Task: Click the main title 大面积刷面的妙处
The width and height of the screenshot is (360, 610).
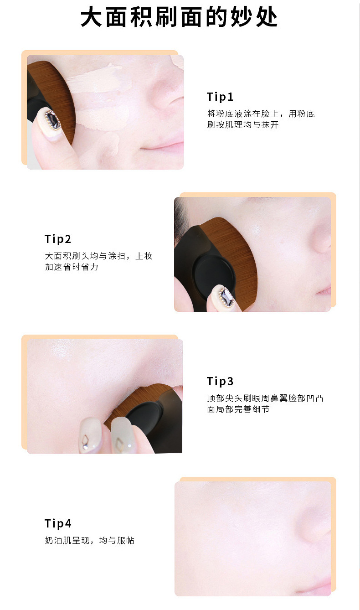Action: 180,17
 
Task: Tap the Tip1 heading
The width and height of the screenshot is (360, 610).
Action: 220,97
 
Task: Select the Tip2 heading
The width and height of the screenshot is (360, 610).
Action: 58,239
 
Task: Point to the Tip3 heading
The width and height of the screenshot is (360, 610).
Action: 220,381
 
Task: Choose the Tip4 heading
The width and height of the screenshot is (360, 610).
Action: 58,523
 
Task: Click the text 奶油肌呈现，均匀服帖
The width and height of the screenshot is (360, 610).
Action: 89,541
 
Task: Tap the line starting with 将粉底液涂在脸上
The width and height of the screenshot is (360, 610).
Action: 261,114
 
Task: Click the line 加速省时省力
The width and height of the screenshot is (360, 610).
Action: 72,267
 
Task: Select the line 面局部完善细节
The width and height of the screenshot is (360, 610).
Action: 238,409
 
